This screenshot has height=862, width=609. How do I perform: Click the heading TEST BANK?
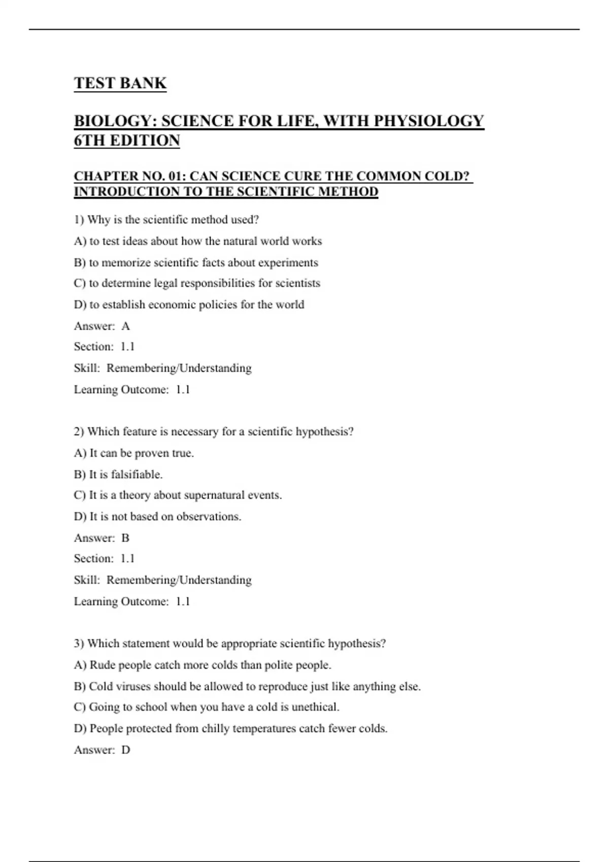point(120,83)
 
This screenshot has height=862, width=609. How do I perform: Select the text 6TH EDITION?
point(127,140)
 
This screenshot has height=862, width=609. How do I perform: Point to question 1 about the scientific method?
point(166,220)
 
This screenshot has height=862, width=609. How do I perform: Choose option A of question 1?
point(198,241)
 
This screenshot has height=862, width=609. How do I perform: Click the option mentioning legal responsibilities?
point(197,283)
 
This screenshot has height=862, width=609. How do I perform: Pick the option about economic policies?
point(189,305)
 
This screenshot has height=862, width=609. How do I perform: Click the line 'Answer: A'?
point(102,326)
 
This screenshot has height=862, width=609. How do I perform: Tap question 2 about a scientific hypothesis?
point(213,432)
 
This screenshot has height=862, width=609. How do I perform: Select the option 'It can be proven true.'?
point(134,453)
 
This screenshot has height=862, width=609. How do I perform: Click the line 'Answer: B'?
point(102,538)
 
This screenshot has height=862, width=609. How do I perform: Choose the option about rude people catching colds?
point(202,665)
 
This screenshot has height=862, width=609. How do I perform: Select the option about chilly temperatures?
point(230,729)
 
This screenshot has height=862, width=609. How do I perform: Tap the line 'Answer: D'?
point(102,750)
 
